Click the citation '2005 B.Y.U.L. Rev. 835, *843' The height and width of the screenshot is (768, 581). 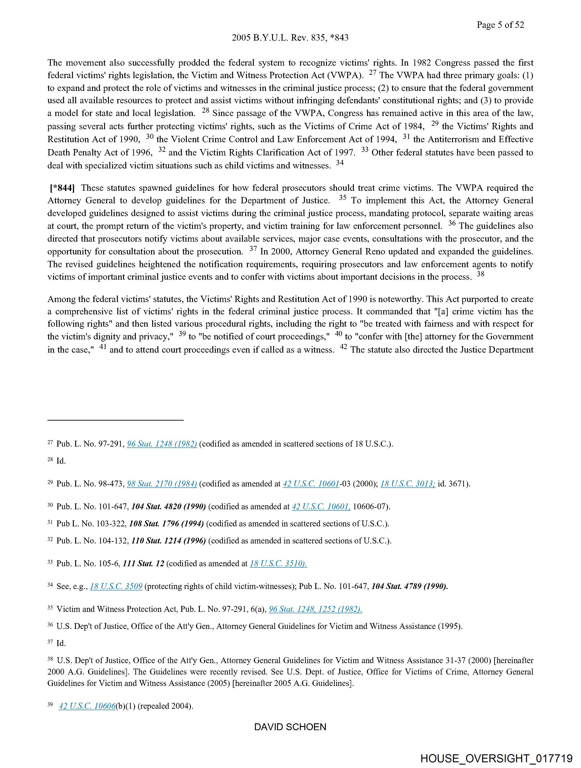point(290,38)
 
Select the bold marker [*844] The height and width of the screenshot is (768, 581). point(62,188)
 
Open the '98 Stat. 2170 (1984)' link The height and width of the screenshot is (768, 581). point(162,484)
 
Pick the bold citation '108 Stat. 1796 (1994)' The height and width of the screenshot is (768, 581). point(166,524)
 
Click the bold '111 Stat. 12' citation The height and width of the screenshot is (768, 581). point(143,564)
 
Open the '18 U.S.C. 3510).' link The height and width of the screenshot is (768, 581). point(278,564)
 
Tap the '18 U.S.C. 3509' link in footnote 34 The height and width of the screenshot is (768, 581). point(116,586)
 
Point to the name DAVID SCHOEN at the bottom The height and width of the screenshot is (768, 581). point(290,727)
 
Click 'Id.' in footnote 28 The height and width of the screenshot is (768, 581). point(61,461)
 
